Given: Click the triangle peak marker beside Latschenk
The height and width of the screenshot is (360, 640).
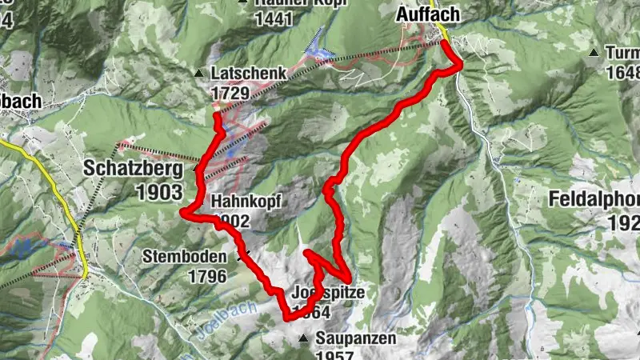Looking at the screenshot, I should coord(199,74).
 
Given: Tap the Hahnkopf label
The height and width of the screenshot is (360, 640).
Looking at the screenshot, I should coord(246,202).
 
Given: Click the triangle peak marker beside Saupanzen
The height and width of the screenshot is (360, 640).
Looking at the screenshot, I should coord(303,339).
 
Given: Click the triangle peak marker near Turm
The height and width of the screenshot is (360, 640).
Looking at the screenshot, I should coord(594,53).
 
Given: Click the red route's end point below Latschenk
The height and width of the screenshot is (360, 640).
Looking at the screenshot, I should coord(217,116).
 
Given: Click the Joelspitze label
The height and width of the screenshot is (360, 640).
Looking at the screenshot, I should coord(329,293).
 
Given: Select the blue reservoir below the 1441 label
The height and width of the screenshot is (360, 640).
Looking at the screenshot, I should coord(320,46).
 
